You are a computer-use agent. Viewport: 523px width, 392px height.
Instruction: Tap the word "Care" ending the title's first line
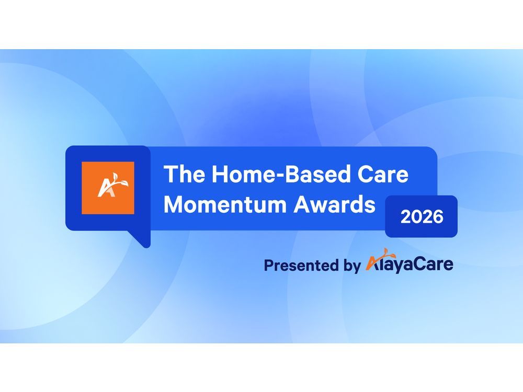point(385,174)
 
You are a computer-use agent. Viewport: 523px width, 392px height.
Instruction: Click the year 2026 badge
point(422,216)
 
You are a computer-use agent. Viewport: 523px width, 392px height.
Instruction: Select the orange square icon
point(108,188)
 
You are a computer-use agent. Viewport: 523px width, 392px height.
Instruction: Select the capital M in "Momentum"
point(174,205)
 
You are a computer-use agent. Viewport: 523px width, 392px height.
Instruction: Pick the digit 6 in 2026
point(438,216)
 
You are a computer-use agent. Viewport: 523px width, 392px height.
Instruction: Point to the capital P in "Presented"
point(269,265)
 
